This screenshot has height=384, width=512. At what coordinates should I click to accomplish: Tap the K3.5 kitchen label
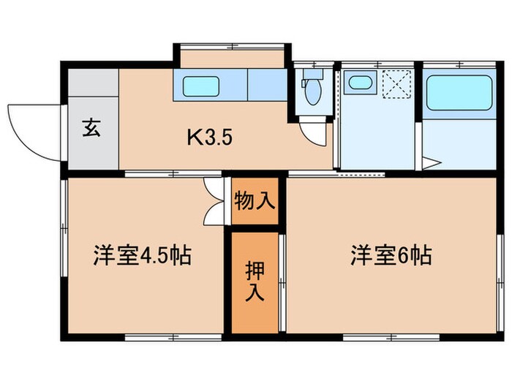point(209,137)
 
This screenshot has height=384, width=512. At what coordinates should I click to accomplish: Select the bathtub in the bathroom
point(459,93)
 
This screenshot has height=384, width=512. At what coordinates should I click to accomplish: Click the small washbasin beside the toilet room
point(359,82)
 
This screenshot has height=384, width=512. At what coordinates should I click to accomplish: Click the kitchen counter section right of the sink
point(267,85)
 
